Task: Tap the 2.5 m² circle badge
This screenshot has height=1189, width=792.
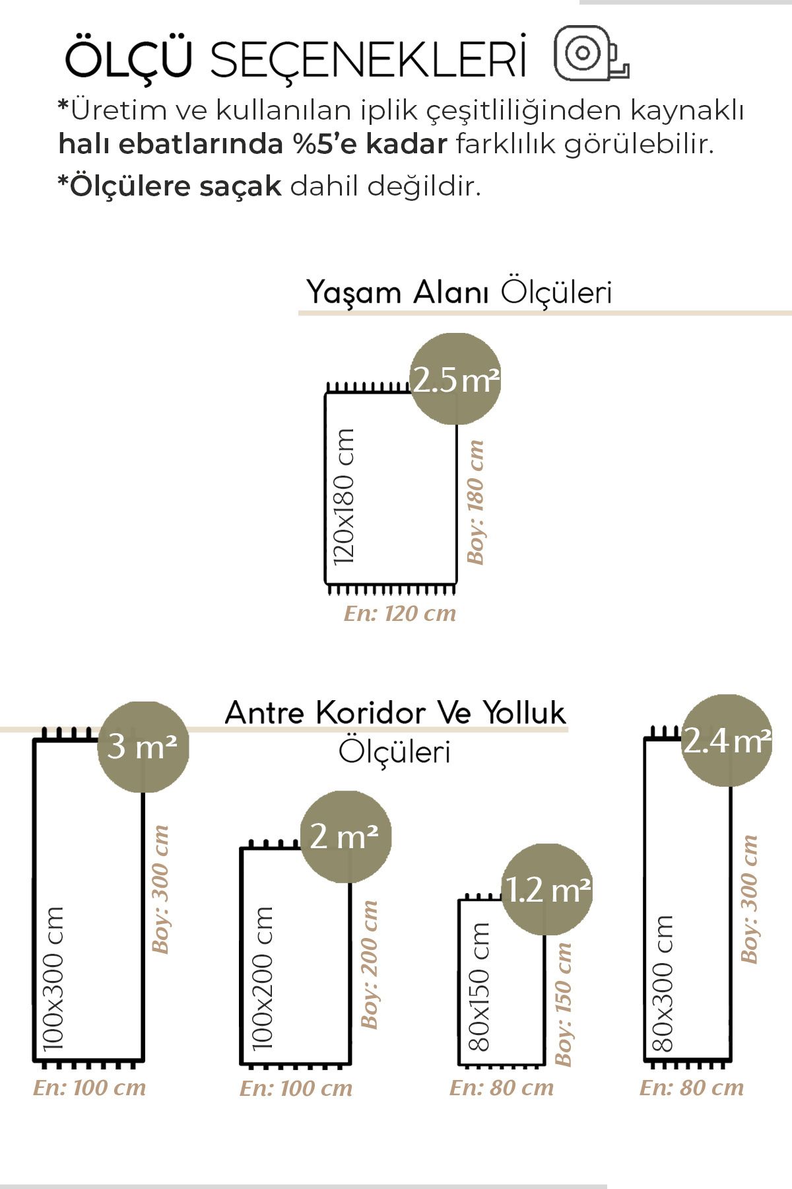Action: pyautogui.click(x=455, y=379)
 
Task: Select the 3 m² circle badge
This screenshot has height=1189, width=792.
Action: pyautogui.click(x=143, y=746)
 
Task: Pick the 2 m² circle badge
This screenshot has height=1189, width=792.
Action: pyautogui.click(x=346, y=837)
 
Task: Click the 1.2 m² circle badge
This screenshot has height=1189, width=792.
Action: pyautogui.click(x=547, y=889)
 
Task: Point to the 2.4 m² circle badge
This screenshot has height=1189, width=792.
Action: pyautogui.click(x=727, y=740)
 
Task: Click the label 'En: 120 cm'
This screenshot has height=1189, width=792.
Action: pyautogui.click(x=400, y=614)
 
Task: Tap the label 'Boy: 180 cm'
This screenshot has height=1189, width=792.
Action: pyautogui.click(x=475, y=502)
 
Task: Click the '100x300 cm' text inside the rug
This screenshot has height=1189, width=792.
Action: pyautogui.click(x=53, y=978)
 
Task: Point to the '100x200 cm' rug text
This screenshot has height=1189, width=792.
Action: pyautogui.click(x=262, y=978)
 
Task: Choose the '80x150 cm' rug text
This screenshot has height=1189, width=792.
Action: pyautogui.click(x=479, y=987)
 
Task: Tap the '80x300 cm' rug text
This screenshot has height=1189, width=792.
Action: pyautogui.click(x=662, y=983)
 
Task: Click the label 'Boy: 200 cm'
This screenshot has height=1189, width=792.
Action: pyautogui.click(x=369, y=964)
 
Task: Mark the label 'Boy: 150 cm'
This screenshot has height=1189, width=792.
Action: pyautogui.click(x=563, y=1003)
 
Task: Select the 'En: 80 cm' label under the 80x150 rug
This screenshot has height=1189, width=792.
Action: pyautogui.click(x=502, y=1088)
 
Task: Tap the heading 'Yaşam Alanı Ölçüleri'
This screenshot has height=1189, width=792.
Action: pyautogui.click(x=459, y=292)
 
